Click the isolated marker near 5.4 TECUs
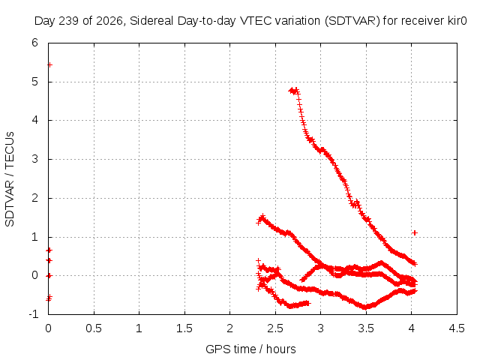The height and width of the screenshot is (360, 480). click(x=50, y=65)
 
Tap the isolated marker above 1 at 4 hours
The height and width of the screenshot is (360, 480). click(x=415, y=232)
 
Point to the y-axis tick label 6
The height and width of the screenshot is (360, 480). click(x=35, y=43)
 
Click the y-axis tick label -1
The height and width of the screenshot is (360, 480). click(x=34, y=314)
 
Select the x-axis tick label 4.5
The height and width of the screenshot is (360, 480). click(x=457, y=328)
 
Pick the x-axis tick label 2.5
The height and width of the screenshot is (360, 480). click(x=275, y=328)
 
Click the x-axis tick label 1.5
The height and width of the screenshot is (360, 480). click(x=184, y=328)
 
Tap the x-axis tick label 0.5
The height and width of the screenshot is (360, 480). click(x=94, y=328)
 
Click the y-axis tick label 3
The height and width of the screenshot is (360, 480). click(x=35, y=159)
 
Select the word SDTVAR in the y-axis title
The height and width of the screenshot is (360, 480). click(x=10, y=204)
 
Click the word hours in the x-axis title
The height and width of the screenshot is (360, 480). click(x=281, y=349)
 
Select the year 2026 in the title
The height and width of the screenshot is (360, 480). click(x=109, y=22)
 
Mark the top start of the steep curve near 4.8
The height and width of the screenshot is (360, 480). click(x=291, y=91)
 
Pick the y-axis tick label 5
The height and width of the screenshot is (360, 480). click(x=35, y=82)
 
